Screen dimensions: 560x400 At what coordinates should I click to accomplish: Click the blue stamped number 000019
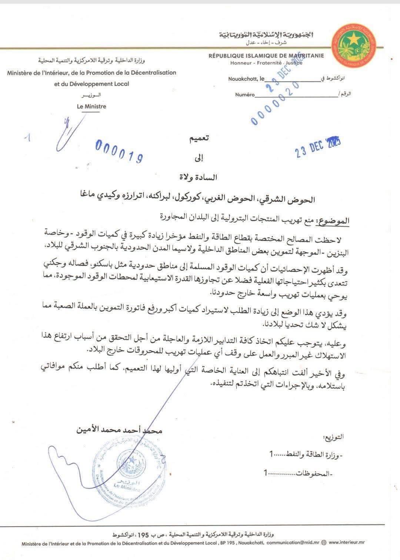(x=119, y=151)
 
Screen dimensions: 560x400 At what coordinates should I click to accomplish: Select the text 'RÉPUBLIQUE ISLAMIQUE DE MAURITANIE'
(x=266, y=56)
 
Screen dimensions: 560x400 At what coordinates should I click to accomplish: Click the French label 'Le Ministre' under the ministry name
(x=91, y=106)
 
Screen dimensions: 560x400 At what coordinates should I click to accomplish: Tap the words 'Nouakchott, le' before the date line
(x=246, y=79)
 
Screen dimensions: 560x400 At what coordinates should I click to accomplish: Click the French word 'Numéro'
(x=245, y=95)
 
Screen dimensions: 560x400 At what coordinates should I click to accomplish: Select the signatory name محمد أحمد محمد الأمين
(x=119, y=431)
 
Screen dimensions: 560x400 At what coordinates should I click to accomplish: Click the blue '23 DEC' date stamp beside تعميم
(x=317, y=147)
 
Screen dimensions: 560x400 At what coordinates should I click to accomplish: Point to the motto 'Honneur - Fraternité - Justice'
(x=266, y=63)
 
